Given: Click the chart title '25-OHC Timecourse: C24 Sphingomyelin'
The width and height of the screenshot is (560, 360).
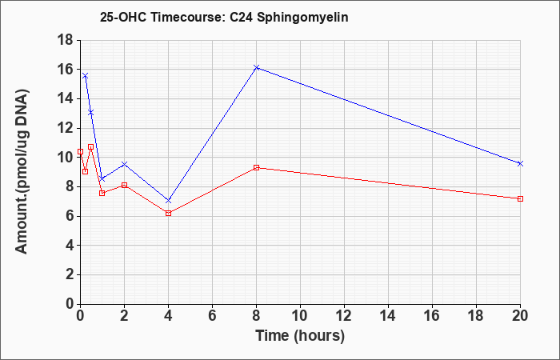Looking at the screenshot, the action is click(224, 17).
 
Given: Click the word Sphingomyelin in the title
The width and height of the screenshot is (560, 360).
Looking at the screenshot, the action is click(302, 18).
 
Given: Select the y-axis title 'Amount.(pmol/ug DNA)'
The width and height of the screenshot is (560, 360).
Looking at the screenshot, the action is click(22, 172).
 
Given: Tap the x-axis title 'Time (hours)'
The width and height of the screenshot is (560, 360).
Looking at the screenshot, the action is click(300, 336).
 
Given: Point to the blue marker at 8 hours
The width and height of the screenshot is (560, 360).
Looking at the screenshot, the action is click(257, 67).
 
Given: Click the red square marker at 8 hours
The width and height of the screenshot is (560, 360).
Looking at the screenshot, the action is click(257, 167).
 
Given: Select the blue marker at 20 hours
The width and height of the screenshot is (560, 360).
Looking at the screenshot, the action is click(520, 163).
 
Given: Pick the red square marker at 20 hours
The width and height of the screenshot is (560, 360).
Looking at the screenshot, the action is click(520, 198).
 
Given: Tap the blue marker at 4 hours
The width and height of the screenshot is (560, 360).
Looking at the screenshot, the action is click(169, 201).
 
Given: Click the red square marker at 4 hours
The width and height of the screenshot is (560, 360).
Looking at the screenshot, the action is click(169, 214).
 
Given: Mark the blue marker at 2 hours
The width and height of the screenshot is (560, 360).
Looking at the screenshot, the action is click(124, 164).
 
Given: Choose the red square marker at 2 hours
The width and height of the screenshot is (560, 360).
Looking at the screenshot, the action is click(124, 185).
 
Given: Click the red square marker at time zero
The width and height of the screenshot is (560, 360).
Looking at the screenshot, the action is click(80, 151).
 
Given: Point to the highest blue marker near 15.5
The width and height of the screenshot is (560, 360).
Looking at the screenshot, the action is click(85, 76).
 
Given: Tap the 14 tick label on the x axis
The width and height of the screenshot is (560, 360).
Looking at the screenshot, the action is click(388, 316).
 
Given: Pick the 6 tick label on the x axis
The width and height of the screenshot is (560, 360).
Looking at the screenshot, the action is click(212, 316).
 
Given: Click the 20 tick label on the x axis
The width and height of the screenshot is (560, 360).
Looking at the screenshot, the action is click(520, 316).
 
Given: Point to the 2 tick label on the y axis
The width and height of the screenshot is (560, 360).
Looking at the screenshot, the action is click(70, 274).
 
